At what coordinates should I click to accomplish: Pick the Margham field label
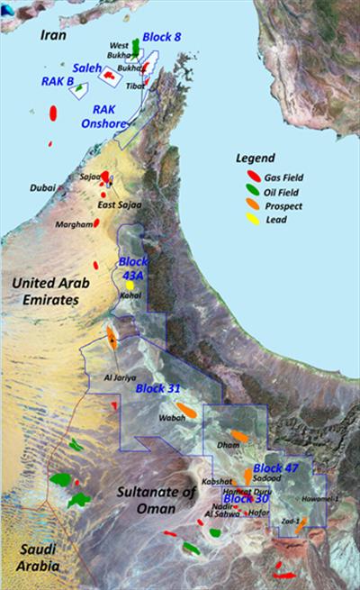click(73, 224)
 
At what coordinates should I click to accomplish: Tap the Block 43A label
click(133, 267)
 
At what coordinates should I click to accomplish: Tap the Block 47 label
click(275, 468)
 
